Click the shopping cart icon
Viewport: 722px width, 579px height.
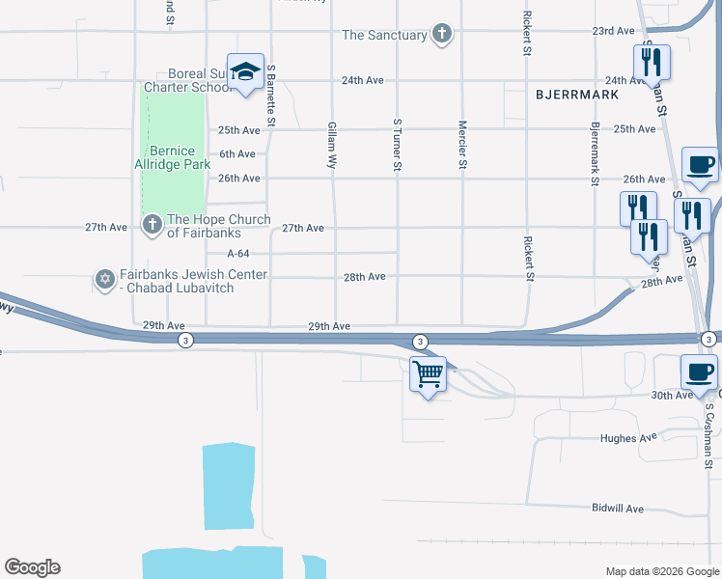click(x=428, y=373)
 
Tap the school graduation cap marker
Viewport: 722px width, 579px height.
click(x=245, y=71)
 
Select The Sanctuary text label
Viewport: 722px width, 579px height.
click(x=384, y=35)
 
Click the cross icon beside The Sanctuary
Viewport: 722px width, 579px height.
click(x=442, y=35)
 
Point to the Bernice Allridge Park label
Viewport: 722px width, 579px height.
click(x=172, y=158)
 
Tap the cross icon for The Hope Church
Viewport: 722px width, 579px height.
click(x=152, y=226)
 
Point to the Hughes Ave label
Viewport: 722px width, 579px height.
click(x=633, y=438)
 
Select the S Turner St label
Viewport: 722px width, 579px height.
click(x=397, y=146)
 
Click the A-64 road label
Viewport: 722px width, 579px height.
click(x=238, y=254)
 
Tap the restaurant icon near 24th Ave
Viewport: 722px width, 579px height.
click(x=652, y=63)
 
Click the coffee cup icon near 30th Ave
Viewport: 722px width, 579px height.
click(x=699, y=372)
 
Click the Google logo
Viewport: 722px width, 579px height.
click(x=32, y=567)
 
